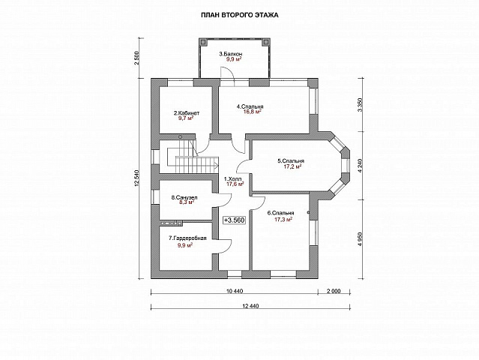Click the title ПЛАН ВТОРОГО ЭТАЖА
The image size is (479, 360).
(240, 15)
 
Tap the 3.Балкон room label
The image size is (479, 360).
(231, 54)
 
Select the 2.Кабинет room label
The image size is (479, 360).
(187, 113)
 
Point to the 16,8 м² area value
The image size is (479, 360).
(252, 112)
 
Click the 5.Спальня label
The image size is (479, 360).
(291, 160)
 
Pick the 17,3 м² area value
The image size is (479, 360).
(284, 219)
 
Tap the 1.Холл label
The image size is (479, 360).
(233, 178)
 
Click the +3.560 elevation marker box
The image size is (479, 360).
(235, 220)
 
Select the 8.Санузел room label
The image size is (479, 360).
(184, 198)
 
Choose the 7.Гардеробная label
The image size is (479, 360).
(187, 238)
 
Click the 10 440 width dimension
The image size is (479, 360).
(235, 291)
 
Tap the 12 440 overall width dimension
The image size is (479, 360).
(250, 306)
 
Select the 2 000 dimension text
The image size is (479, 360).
(334, 291)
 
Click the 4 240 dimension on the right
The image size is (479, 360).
(361, 166)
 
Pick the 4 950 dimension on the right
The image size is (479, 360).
(361, 239)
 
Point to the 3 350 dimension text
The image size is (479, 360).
(361, 105)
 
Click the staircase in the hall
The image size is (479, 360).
(193, 156)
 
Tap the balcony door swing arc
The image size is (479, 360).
(227, 73)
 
